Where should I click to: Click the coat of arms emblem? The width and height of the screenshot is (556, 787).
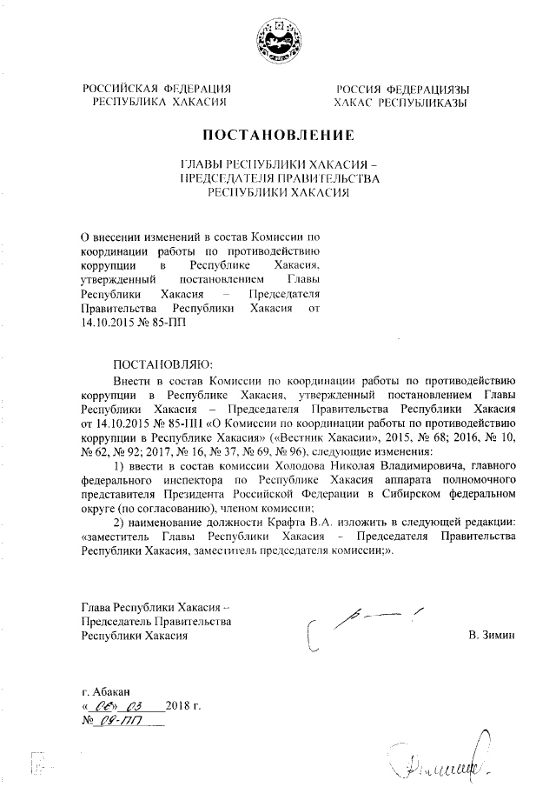(x=277, y=41)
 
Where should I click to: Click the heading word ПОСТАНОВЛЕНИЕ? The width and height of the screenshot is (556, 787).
(x=278, y=136)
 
